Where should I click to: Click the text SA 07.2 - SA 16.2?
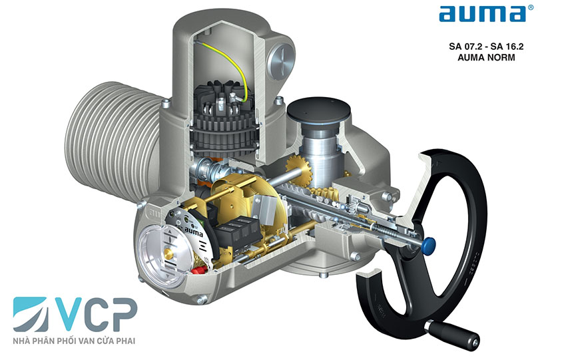click(x=486, y=47)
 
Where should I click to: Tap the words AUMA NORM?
click(x=486, y=57)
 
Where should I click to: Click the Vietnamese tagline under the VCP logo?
click(x=74, y=341)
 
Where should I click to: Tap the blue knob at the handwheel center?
click(x=429, y=246)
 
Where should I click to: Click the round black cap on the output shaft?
click(x=318, y=110)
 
